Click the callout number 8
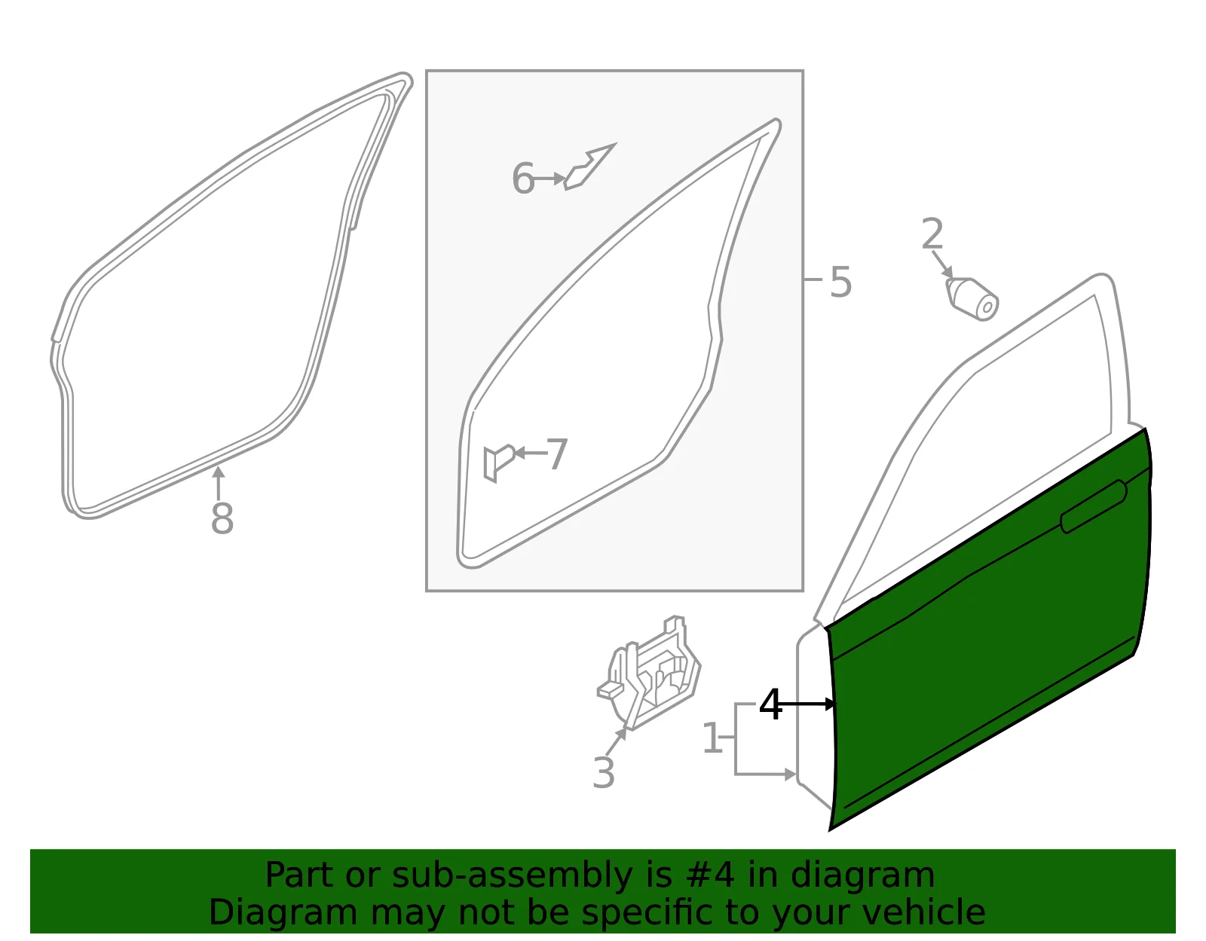coord(222,518)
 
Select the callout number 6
coord(523,179)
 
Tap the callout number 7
coord(557,454)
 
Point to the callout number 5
coord(840,283)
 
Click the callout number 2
coord(932,234)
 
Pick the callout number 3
coord(604,772)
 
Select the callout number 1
coord(712,737)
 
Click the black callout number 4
coord(770,704)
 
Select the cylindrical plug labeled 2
coord(972,299)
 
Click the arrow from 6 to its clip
coord(549,179)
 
